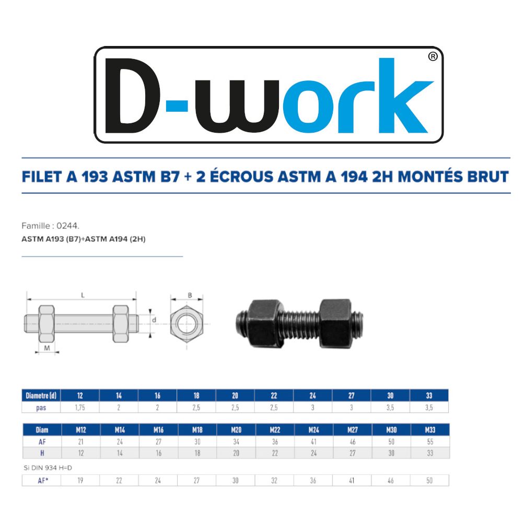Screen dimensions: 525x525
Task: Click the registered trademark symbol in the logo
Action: [433, 56]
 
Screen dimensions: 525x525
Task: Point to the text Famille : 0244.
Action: [50, 226]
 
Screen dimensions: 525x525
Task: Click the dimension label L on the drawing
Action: [83, 295]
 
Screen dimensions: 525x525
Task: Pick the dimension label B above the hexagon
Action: [190, 295]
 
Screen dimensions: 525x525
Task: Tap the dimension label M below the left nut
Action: [47, 348]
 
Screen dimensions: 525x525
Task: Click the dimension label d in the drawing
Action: [154, 320]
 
